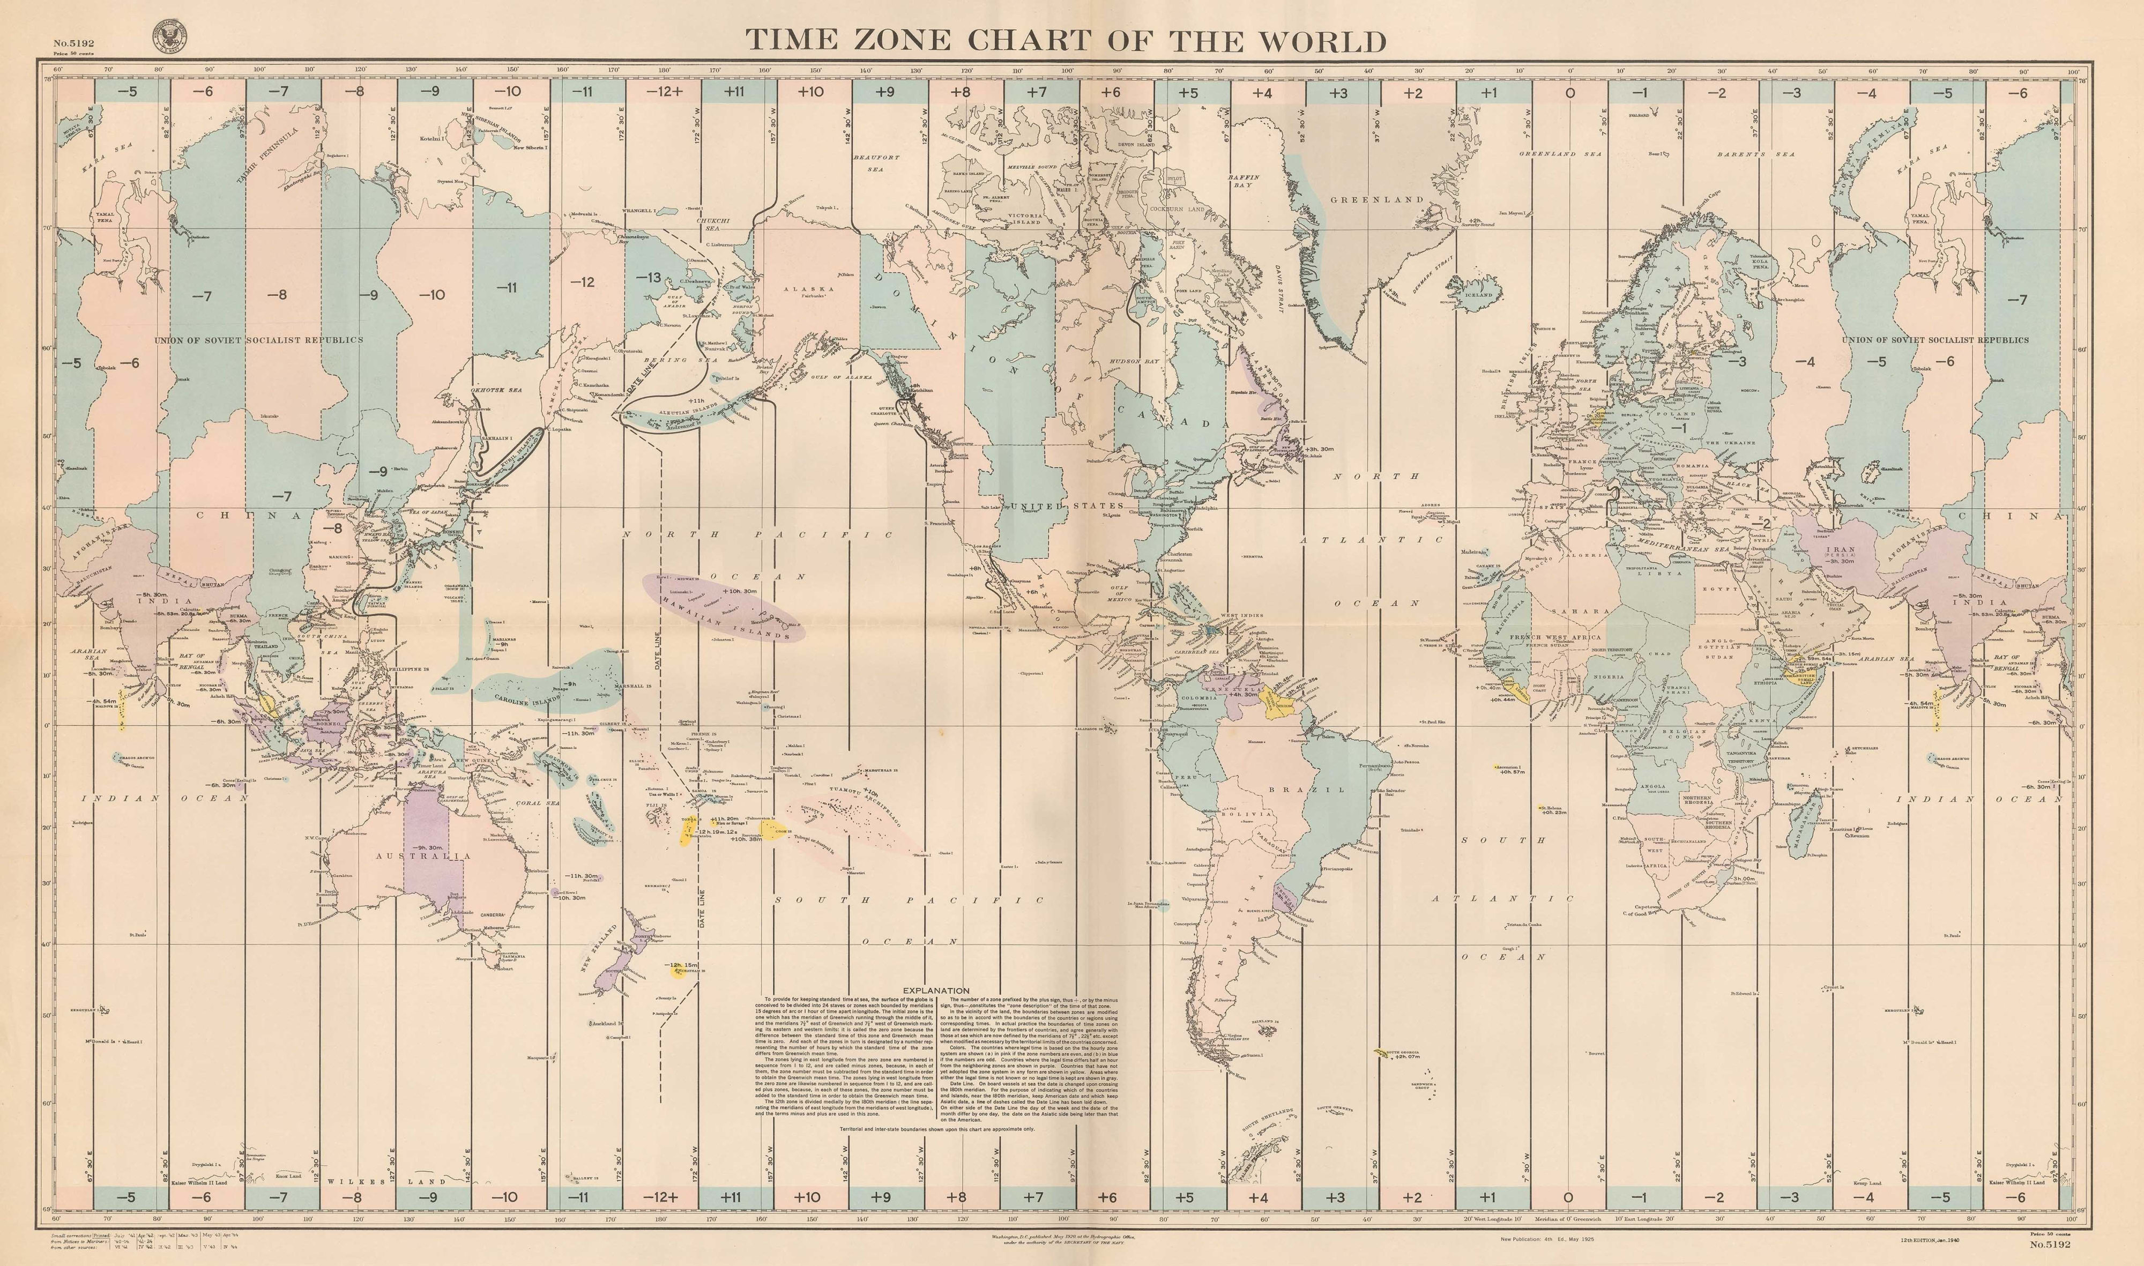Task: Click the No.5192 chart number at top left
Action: (73, 43)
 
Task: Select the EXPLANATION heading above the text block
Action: (936, 991)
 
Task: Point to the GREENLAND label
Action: (1376, 199)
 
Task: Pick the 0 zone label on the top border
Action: (1570, 92)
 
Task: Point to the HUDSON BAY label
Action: (1134, 362)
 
